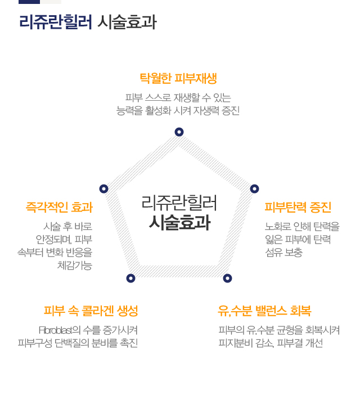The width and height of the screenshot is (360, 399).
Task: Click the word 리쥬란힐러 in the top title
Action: coord(55,22)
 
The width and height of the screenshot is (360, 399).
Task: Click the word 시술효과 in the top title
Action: coord(127,22)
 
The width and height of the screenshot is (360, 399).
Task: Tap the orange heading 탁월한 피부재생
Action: coord(178,78)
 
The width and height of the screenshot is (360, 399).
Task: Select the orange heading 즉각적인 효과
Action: coord(58,207)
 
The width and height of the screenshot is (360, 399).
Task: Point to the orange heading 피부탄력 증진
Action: coord(298,207)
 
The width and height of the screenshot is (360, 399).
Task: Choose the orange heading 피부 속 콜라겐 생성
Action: coord(91,311)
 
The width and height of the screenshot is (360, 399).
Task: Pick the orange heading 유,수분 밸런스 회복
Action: coord(264,311)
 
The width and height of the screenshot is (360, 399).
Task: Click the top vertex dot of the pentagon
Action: coord(179,132)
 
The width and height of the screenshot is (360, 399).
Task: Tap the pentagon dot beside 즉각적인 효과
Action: coord(103,189)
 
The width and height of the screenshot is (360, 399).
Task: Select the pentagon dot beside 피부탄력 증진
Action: coord(254,189)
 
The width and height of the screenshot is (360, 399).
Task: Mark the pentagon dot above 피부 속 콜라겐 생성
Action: coord(131,278)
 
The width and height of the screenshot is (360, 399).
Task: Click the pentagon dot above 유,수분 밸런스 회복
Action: coord(227,278)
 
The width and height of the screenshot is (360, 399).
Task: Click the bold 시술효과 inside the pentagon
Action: coord(179,222)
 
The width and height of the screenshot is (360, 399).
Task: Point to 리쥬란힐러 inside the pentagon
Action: coord(179,203)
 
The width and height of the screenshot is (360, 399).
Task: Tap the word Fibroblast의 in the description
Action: coord(60,330)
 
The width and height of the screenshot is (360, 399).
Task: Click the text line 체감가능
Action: coord(74,266)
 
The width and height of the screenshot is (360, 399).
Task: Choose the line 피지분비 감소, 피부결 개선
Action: coord(271,343)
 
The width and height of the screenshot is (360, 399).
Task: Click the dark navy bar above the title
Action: coord(29,2)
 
